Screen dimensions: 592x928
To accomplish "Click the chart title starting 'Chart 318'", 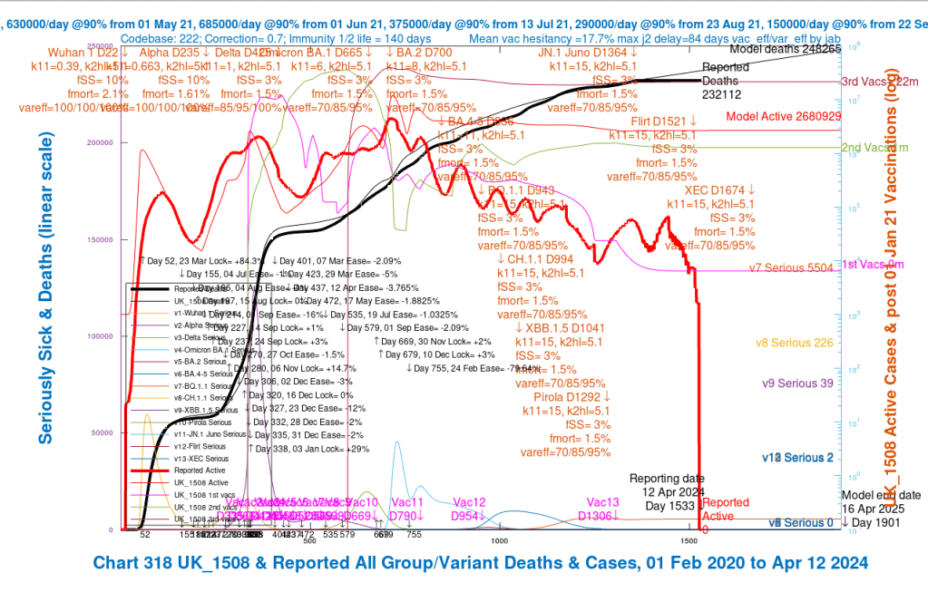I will click(x=480, y=563).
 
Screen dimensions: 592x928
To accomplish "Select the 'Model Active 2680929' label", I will click(x=783, y=117).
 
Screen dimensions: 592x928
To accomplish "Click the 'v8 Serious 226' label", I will click(x=798, y=343).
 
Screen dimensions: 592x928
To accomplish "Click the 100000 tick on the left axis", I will click(x=108, y=336).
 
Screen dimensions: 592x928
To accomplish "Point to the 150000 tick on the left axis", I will click(x=108, y=239).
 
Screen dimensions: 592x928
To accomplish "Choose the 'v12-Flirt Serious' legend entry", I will click(x=200, y=446).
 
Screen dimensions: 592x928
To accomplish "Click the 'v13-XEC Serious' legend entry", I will click(x=200, y=459).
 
